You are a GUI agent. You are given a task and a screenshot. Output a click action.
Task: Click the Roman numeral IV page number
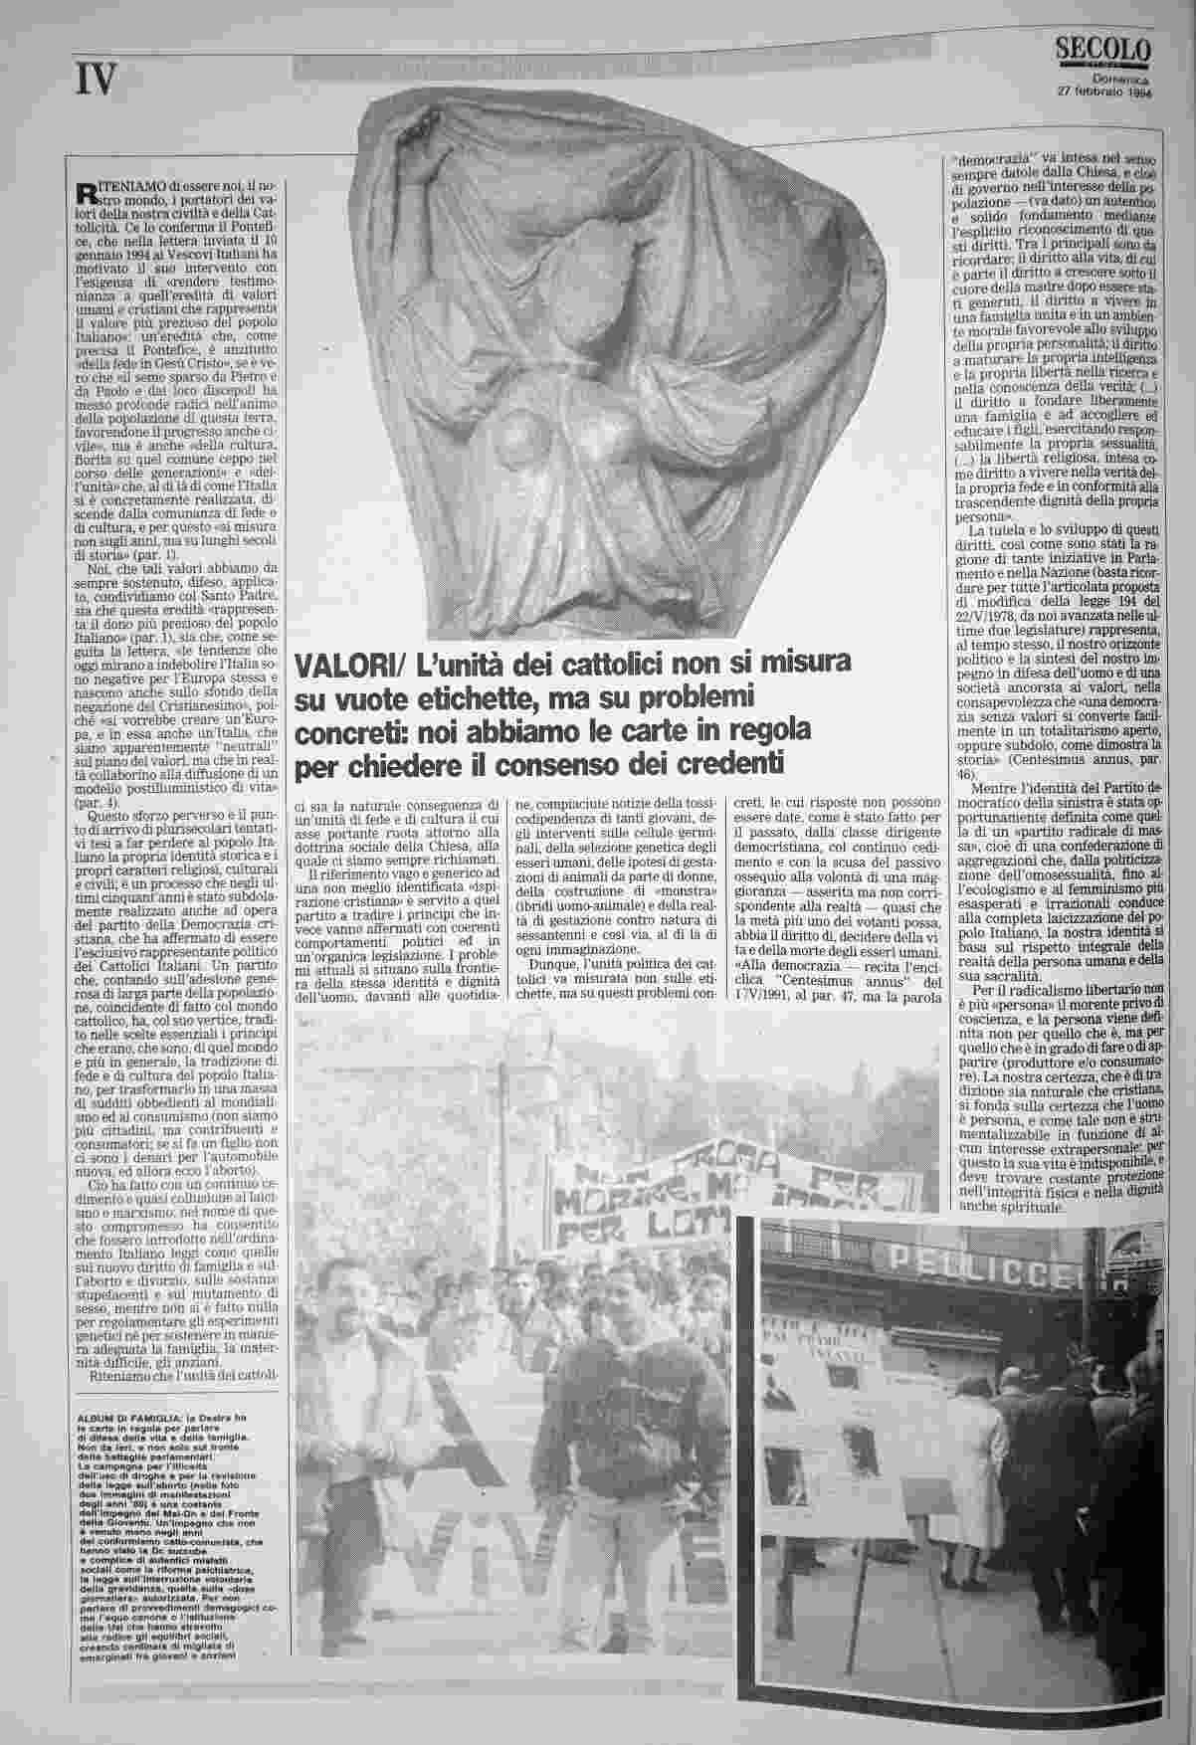coord(96,80)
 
